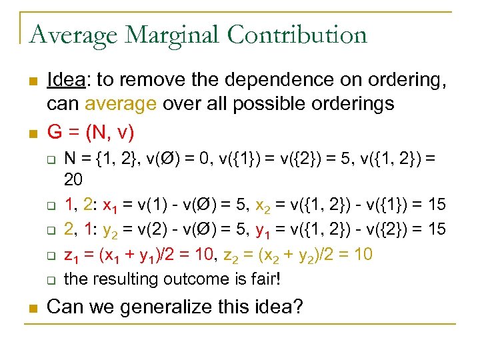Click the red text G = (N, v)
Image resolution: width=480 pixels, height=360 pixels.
coord(90,132)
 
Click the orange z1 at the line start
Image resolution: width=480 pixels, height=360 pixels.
coord(70,255)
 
